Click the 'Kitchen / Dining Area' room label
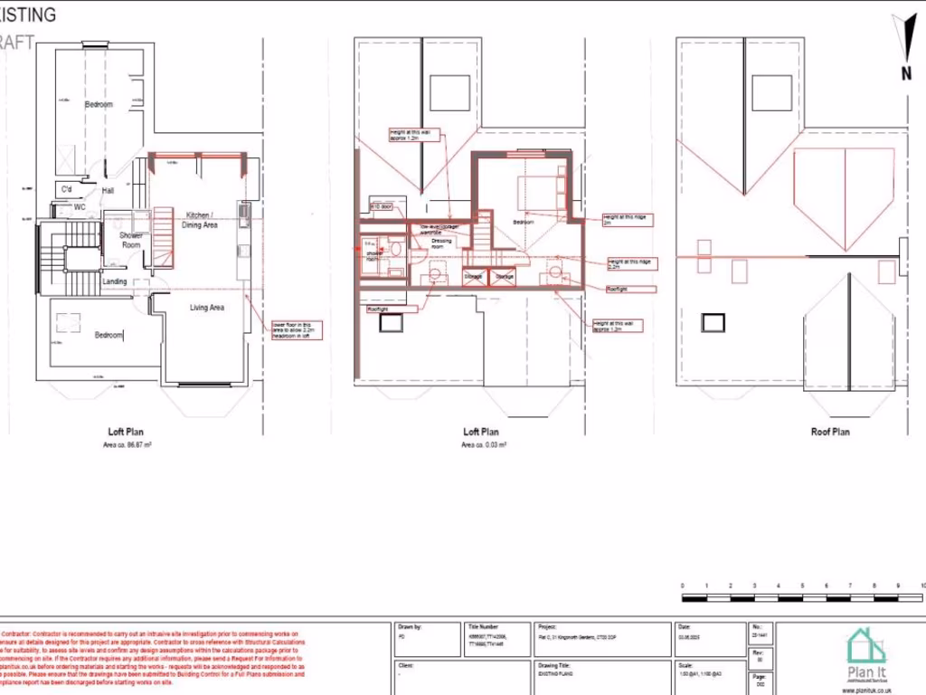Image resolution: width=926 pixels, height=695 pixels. coord(201,219)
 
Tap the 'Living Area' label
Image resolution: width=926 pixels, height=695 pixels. coord(207,308)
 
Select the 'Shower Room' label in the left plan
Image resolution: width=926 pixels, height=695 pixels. coord(131,240)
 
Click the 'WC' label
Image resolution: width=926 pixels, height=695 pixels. coord(80,206)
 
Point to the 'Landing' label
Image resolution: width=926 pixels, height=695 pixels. coord(115,281)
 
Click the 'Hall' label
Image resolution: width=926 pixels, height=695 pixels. coord(107,191)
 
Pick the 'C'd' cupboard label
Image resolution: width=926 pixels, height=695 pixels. coord(66,189)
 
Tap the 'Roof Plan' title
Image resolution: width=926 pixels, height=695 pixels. coord(829,433)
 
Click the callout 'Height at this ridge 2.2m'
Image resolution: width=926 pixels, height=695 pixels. coord(630,262)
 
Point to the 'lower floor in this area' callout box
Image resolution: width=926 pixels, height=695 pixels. coord(294,331)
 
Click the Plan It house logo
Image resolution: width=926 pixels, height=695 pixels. coord(865,649)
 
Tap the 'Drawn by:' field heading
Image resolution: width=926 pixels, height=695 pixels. coord(411,626)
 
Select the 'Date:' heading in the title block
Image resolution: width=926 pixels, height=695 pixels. coord(684,626)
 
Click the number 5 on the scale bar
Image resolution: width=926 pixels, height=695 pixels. coord(802,586)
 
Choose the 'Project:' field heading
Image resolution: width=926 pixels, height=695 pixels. coord(546,626)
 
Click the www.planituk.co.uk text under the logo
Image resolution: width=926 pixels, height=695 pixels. coord(865,690)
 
